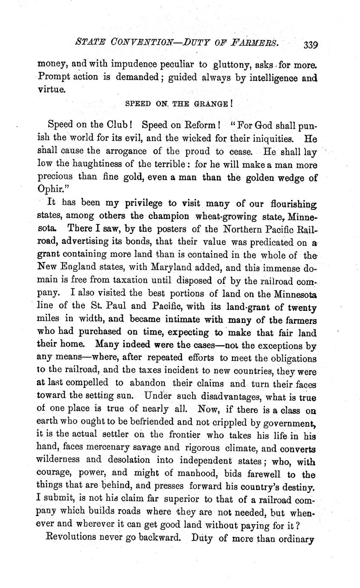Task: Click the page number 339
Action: [311, 45]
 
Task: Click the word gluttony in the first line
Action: [234, 64]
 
